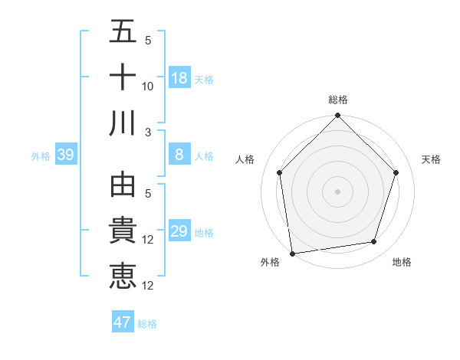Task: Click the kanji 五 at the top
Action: tap(123, 32)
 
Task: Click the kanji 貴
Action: tap(123, 231)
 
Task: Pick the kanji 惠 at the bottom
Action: tap(123, 275)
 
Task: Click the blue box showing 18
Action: tap(179, 78)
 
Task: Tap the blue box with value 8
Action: tap(179, 155)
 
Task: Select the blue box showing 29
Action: tap(179, 231)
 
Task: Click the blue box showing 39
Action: tap(65, 155)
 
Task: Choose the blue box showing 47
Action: tap(123, 322)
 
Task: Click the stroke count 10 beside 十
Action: tap(148, 87)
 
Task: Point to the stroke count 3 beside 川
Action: tap(148, 132)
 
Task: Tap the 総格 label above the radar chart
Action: tap(338, 100)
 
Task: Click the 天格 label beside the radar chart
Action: tap(432, 159)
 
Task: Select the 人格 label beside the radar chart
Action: tap(245, 159)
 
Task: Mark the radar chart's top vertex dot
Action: tap(338, 117)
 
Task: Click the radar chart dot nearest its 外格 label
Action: tap(292, 253)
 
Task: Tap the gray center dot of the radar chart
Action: tap(338, 191)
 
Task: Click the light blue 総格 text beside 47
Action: tap(147, 324)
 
